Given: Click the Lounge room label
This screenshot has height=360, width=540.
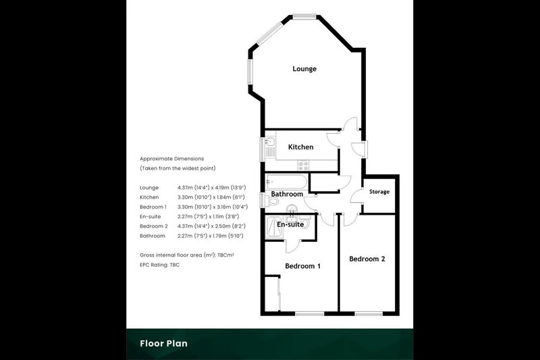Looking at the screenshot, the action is coord(304,68).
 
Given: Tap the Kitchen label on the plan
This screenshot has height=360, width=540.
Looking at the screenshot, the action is coord(300,147).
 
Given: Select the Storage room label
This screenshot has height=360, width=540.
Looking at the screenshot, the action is coord(379,192).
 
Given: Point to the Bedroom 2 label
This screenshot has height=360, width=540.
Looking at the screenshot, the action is coord(367,259).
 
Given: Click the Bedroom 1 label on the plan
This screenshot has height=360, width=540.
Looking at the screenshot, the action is coord(302,266).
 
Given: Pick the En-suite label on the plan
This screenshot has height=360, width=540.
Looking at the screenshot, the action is coord(290,224).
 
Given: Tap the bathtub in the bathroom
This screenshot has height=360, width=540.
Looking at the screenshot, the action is coord(286,181).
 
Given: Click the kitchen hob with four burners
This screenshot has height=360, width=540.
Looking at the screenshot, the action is coord(303,165).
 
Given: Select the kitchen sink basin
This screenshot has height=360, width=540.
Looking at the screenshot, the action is coord(271,141).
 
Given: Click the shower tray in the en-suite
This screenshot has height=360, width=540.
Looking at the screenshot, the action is coord(275,226).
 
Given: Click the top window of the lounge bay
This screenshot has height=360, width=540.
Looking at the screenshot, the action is coord(304,16).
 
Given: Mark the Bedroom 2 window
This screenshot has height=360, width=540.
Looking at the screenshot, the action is coord(369,313).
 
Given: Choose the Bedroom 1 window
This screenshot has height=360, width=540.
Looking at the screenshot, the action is coord(310,313).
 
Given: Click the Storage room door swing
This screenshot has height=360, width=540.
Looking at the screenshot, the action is coord(357,196).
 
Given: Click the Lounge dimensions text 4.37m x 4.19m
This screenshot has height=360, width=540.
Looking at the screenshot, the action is coord(212,187).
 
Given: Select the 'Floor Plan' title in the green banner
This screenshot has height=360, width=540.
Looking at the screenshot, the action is coord(163,344).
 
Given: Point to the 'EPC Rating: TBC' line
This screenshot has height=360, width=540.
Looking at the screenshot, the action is coord(159,265).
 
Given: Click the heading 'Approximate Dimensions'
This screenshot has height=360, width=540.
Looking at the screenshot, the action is coord(172,159).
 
